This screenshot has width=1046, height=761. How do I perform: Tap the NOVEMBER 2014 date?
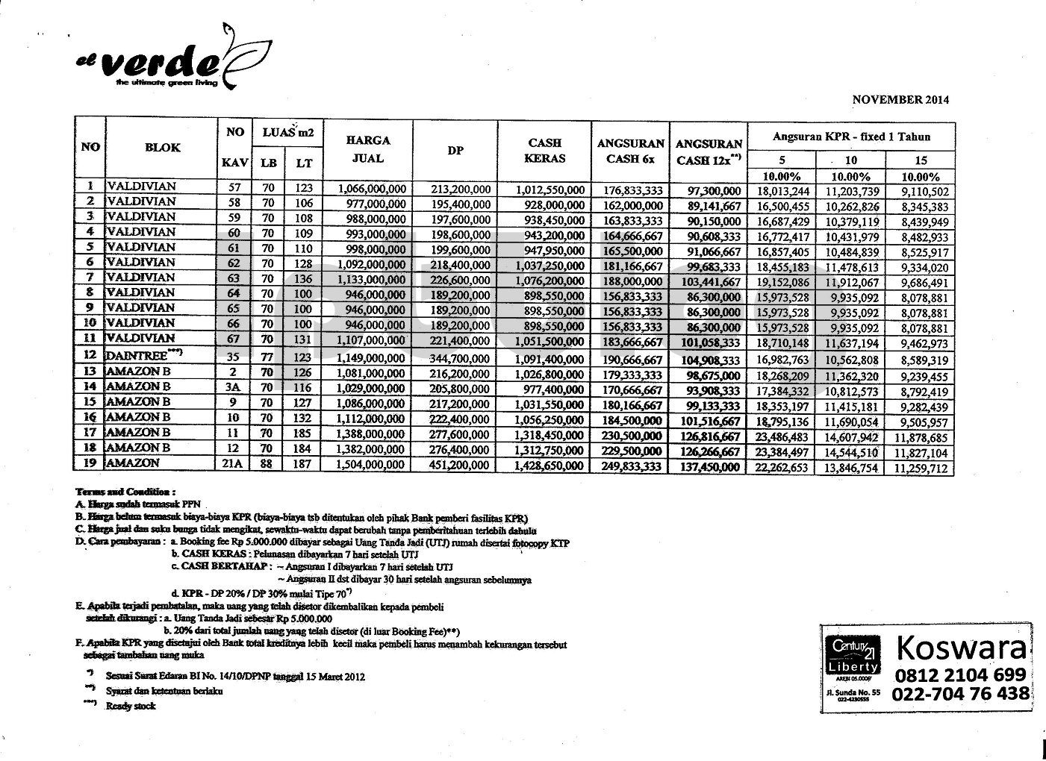coord(900,99)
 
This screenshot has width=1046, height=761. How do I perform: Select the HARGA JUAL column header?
coord(369,148)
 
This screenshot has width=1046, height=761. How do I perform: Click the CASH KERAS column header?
coord(545,150)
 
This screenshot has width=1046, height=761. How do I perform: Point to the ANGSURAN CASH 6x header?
coord(631,150)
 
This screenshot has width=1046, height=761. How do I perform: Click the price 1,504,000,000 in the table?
coord(372,466)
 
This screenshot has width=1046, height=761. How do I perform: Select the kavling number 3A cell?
coord(234,390)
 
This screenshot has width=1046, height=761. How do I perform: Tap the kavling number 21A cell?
coord(234,466)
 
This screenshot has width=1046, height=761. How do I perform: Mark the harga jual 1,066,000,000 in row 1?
coord(372,190)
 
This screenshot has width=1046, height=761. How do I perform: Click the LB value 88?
coord(267,466)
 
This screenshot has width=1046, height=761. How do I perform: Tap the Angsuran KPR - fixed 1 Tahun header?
coord(851,137)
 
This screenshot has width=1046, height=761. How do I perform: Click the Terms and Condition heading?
coord(125,492)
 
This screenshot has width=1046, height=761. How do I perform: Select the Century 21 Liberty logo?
coord(852,655)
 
